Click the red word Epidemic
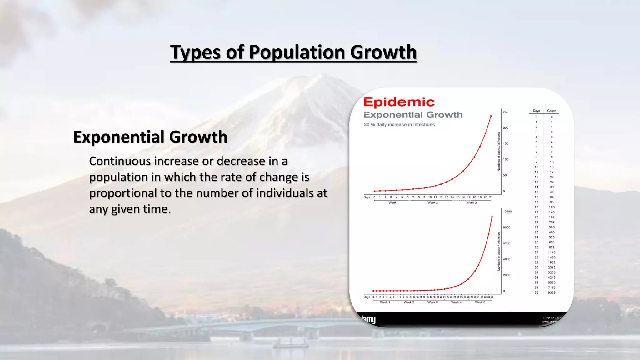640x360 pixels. (399, 102)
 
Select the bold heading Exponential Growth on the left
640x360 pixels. (150, 137)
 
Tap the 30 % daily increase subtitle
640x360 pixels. (399, 124)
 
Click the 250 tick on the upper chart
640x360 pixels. (506, 112)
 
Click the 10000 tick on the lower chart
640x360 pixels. (507, 212)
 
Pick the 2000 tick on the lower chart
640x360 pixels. (507, 275)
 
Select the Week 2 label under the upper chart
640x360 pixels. (432, 202)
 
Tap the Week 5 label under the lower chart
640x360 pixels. (480, 302)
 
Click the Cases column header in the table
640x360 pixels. (552, 111)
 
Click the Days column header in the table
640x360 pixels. (536, 111)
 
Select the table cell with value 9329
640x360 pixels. (552, 292)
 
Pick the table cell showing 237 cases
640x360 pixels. (552, 222)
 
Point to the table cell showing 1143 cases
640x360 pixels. (552, 252)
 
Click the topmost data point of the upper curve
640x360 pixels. (491, 116)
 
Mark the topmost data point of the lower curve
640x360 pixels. (492, 217)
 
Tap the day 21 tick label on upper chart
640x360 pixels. (491, 197)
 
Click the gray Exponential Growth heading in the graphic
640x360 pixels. (413, 115)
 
